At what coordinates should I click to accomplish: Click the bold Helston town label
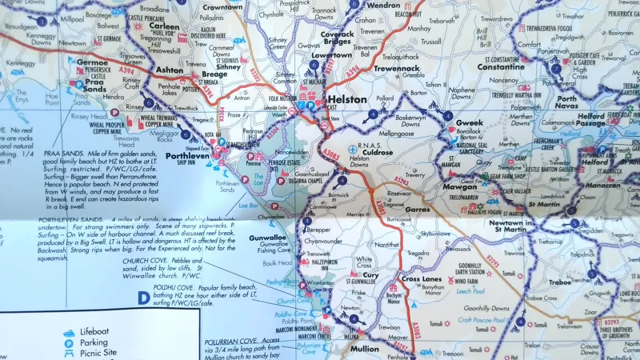tap(347, 100)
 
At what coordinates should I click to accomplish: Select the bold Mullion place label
tap(365, 349)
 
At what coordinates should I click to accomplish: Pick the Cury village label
tap(370, 274)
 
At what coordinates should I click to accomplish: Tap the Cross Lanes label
tap(422, 278)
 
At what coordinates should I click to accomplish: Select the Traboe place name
tap(559, 282)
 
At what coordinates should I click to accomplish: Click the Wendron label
tap(382, 6)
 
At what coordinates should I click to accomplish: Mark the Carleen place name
tap(165, 26)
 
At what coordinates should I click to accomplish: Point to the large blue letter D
tap(143, 298)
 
